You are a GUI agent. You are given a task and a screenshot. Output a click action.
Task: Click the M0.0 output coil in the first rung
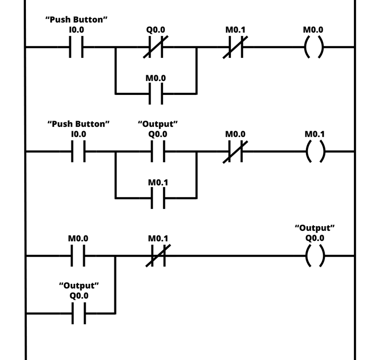pos(314,47)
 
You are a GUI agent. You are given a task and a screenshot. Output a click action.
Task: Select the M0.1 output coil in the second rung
pos(315,152)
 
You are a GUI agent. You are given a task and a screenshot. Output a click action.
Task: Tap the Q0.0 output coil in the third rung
pos(315,256)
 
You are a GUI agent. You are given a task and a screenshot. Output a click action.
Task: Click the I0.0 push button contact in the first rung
pos(77,47)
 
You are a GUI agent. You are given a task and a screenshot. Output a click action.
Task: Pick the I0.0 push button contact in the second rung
pos(78,152)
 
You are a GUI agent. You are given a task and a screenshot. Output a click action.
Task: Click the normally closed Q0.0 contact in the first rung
pos(156,47)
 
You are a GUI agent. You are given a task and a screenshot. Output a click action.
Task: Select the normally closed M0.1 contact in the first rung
pos(235,47)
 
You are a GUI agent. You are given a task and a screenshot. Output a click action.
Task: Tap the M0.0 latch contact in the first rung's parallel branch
pos(156,94)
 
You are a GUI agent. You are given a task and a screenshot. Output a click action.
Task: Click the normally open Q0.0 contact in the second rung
pos(158,152)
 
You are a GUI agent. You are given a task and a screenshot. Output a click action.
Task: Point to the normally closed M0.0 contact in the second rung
pos(235,152)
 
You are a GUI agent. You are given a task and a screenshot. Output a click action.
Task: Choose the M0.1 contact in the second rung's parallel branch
pos(158,198)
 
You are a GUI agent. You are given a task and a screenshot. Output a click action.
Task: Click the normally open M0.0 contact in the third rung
pos(78,256)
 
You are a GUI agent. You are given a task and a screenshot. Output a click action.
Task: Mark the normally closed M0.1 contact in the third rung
pos(158,256)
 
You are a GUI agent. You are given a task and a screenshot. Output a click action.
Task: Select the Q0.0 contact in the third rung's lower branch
pos(78,313)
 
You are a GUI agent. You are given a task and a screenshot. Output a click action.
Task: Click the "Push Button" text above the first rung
pos(77,20)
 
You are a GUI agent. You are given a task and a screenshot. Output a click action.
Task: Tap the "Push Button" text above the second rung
pos(79,124)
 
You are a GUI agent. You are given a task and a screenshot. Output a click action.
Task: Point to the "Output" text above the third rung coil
pos(315,228)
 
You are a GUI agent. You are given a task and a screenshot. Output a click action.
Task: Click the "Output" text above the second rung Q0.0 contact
pos(158,124)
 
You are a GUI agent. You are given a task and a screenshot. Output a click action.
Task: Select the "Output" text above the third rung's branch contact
pos(79,285)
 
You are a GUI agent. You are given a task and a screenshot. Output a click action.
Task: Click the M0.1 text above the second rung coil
pos(315,134)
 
